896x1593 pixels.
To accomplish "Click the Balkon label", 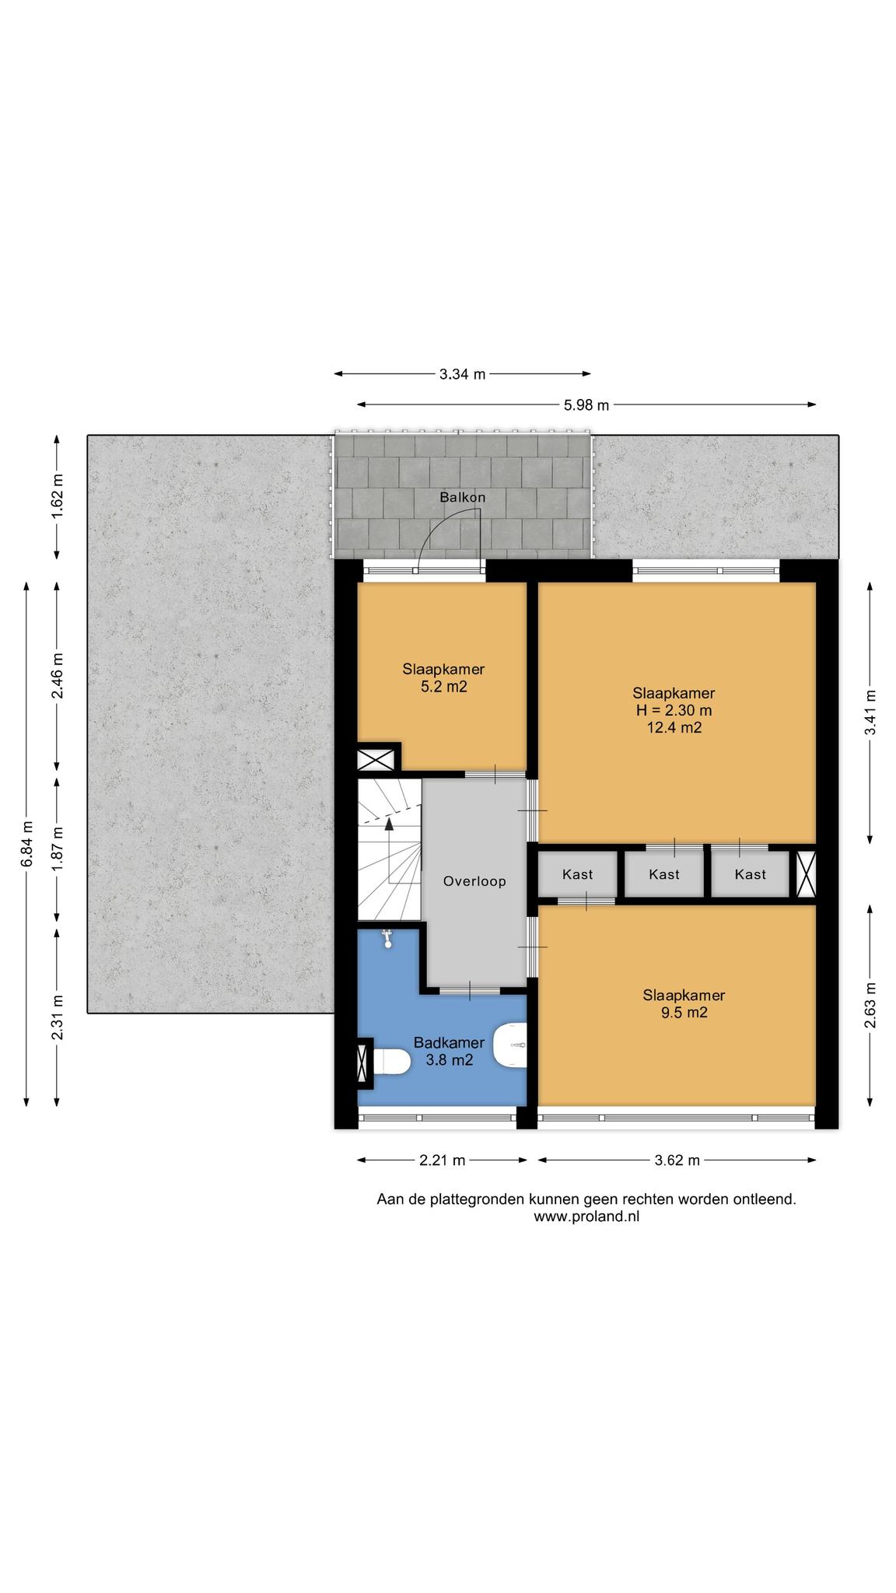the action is [x=462, y=497].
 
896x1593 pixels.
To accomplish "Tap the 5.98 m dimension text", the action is [x=586, y=404].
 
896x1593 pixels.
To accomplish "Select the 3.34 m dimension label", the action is [x=462, y=374].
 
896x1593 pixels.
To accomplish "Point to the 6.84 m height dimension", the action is [x=26, y=844].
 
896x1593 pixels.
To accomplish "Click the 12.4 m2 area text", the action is [x=674, y=727].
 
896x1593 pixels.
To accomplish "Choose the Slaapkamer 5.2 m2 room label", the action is [x=443, y=677].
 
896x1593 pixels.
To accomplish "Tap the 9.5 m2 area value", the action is [x=684, y=1012].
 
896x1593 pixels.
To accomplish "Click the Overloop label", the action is [x=474, y=881].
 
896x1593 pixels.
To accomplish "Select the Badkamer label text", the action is [x=449, y=1042].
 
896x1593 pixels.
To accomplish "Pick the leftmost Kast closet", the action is [x=578, y=874].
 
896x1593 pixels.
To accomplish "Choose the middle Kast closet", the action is [x=664, y=874].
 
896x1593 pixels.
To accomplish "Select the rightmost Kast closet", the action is [x=750, y=874].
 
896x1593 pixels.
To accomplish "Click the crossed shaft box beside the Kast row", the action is [x=807, y=874].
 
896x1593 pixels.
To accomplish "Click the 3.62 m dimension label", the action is [x=677, y=1161].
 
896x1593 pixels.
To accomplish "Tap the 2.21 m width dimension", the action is [x=442, y=1161].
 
